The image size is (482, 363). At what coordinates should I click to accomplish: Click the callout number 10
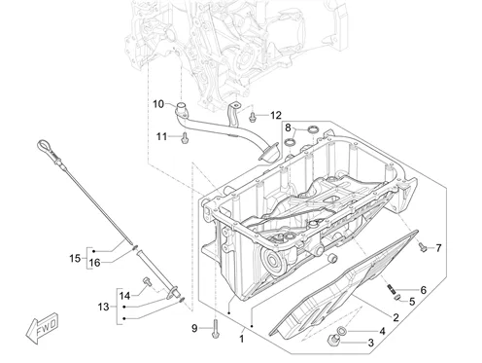point(158,104)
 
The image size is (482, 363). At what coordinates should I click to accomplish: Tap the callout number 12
point(276,115)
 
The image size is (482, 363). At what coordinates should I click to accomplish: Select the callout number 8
point(288,127)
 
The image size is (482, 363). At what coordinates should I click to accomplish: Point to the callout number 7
point(438,248)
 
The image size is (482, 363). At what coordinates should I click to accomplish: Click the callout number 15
point(75,259)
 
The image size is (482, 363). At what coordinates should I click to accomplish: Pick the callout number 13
point(104,307)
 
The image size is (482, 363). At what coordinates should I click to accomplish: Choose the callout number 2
point(396,317)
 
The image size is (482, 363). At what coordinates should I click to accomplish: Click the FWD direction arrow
point(42,328)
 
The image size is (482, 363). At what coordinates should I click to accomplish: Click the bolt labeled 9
point(215,328)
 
